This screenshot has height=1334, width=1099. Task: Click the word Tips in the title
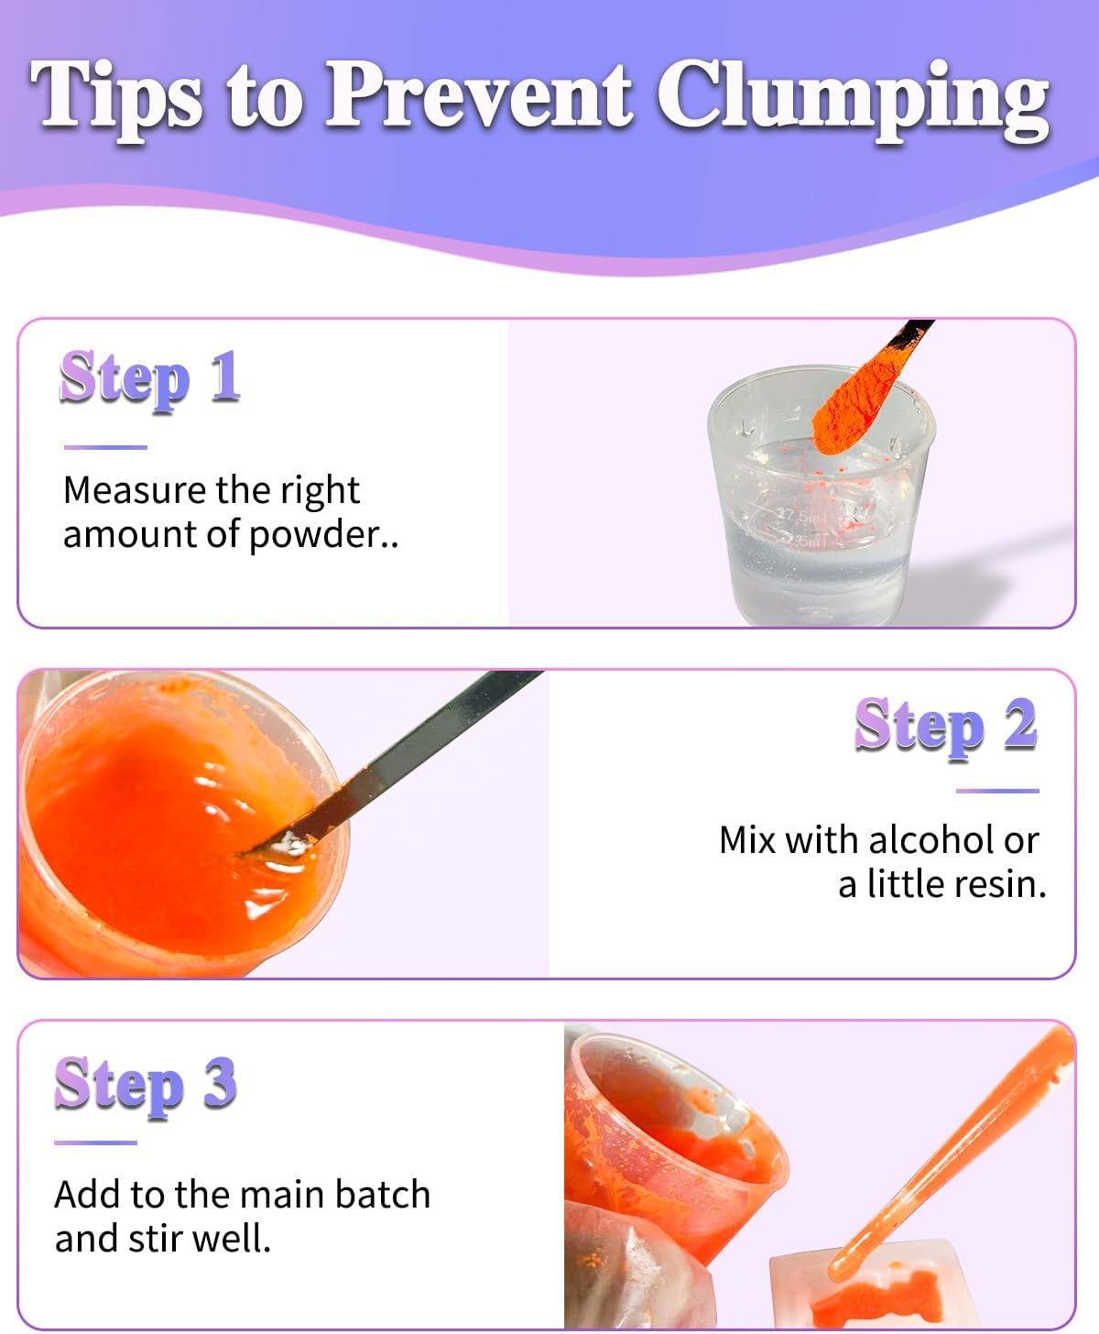pyautogui.click(x=116, y=99)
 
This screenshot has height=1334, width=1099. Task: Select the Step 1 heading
pyautogui.click(x=150, y=379)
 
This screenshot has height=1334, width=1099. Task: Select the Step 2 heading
pyautogui.click(x=946, y=727)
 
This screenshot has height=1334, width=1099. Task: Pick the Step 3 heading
pyautogui.click(x=146, y=1086)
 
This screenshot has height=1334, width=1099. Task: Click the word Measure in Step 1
pyautogui.click(x=135, y=491)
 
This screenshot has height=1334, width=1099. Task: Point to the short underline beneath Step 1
pyautogui.click(x=105, y=447)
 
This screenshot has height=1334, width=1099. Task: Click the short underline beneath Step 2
pyautogui.click(x=997, y=791)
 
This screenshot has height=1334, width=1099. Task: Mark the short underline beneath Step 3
pyautogui.click(x=96, y=1143)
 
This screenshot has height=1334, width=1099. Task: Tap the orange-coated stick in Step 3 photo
pyautogui.click(x=952, y=1150)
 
